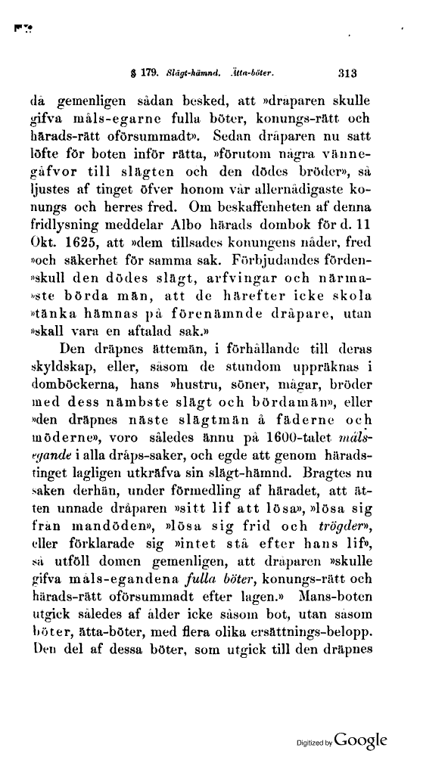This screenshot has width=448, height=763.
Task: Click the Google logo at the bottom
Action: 360,739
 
